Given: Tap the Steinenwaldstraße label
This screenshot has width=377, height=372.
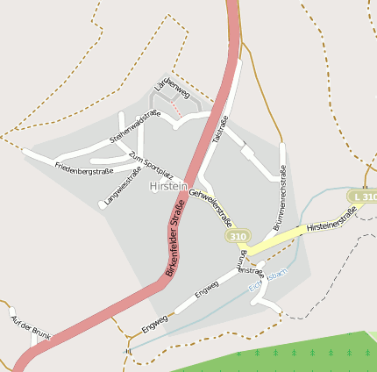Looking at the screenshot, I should [x=134, y=127].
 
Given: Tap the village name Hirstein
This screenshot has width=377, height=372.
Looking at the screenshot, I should [x=168, y=187].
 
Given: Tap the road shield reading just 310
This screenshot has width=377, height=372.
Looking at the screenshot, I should [x=237, y=237].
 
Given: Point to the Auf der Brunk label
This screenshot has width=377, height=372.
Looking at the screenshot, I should [x=29, y=327].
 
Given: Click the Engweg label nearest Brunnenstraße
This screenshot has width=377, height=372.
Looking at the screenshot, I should [x=207, y=290].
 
